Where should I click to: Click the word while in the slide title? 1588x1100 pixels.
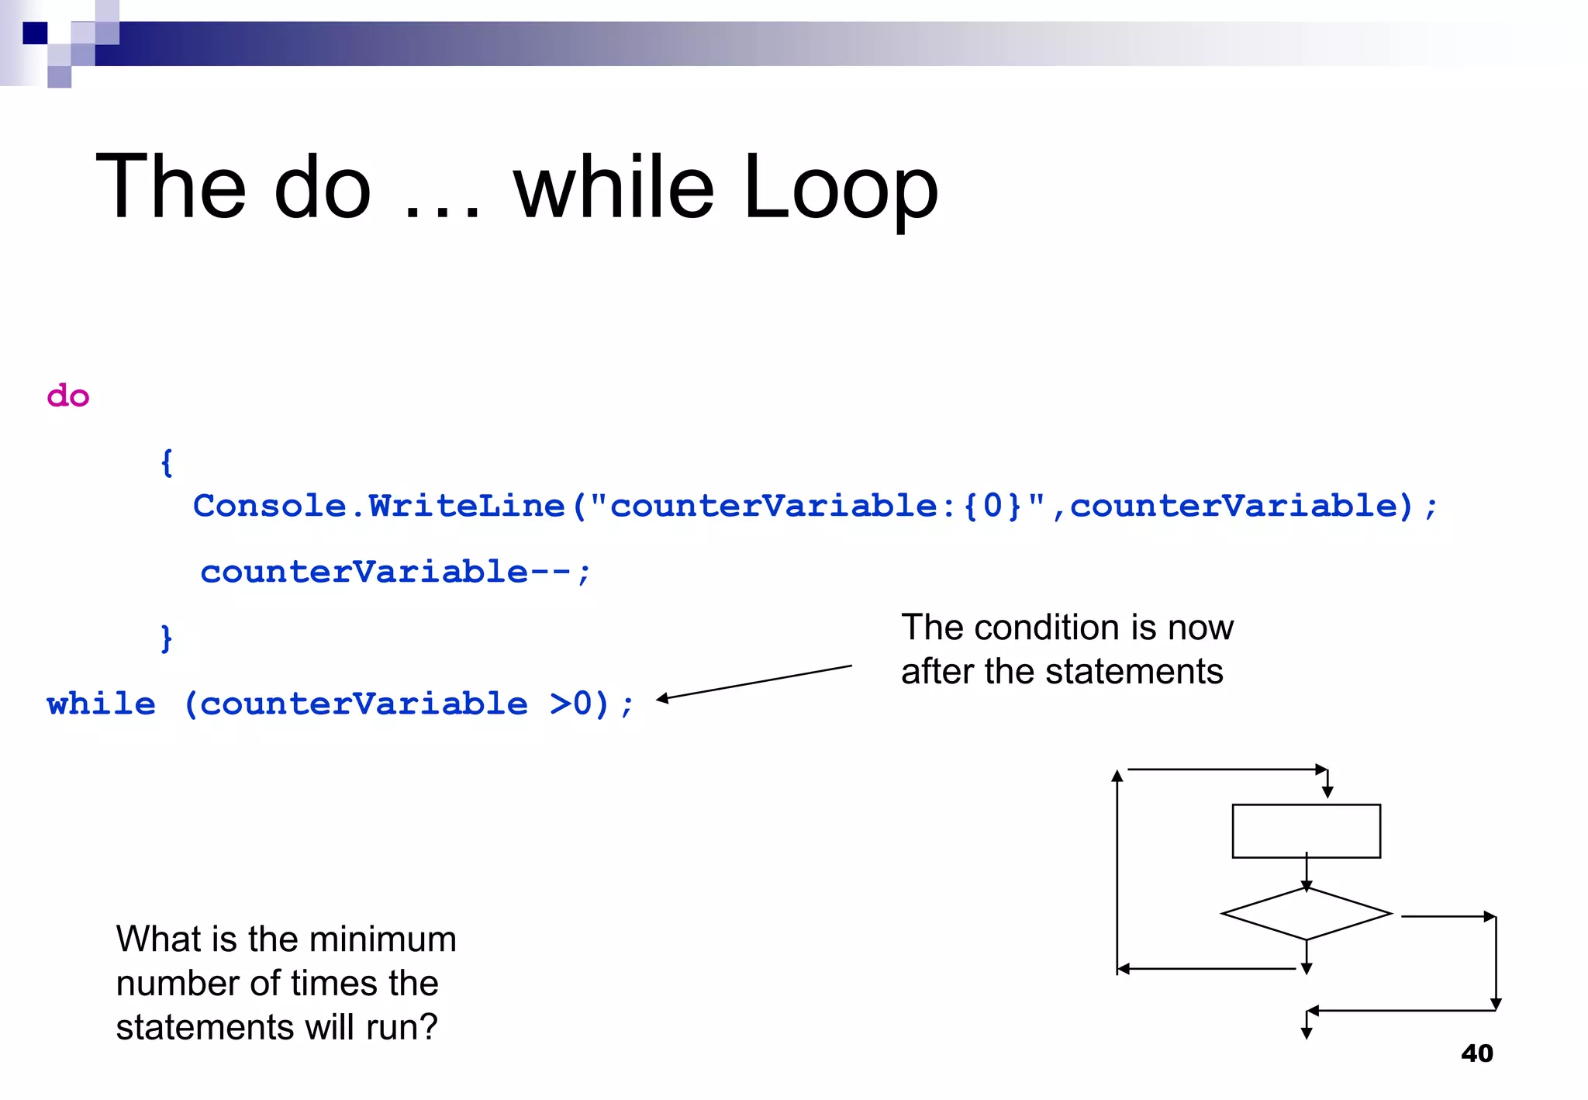click(x=613, y=189)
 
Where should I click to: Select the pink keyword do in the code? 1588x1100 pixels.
click(x=68, y=396)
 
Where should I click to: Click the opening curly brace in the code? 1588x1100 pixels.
click(x=166, y=462)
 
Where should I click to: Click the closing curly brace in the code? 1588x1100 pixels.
click(x=166, y=638)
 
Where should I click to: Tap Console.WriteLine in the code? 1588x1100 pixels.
click(x=378, y=507)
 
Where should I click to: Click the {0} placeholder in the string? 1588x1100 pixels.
click(x=992, y=507)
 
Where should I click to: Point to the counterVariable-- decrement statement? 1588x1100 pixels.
click(x=395, y=572)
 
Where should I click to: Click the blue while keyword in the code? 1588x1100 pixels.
click(x=102, y=704)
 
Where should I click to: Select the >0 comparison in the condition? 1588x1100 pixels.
click(x=570, y=704)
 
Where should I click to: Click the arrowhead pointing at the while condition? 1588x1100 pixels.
click(x=663, y=699)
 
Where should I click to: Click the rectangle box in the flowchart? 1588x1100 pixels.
click(x=1306, y=831)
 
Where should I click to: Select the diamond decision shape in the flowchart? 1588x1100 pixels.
click(x=1306, y=914)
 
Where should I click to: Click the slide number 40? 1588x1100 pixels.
click(x=1476, y=1053)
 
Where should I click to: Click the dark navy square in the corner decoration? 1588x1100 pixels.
click(x=35, y=33)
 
